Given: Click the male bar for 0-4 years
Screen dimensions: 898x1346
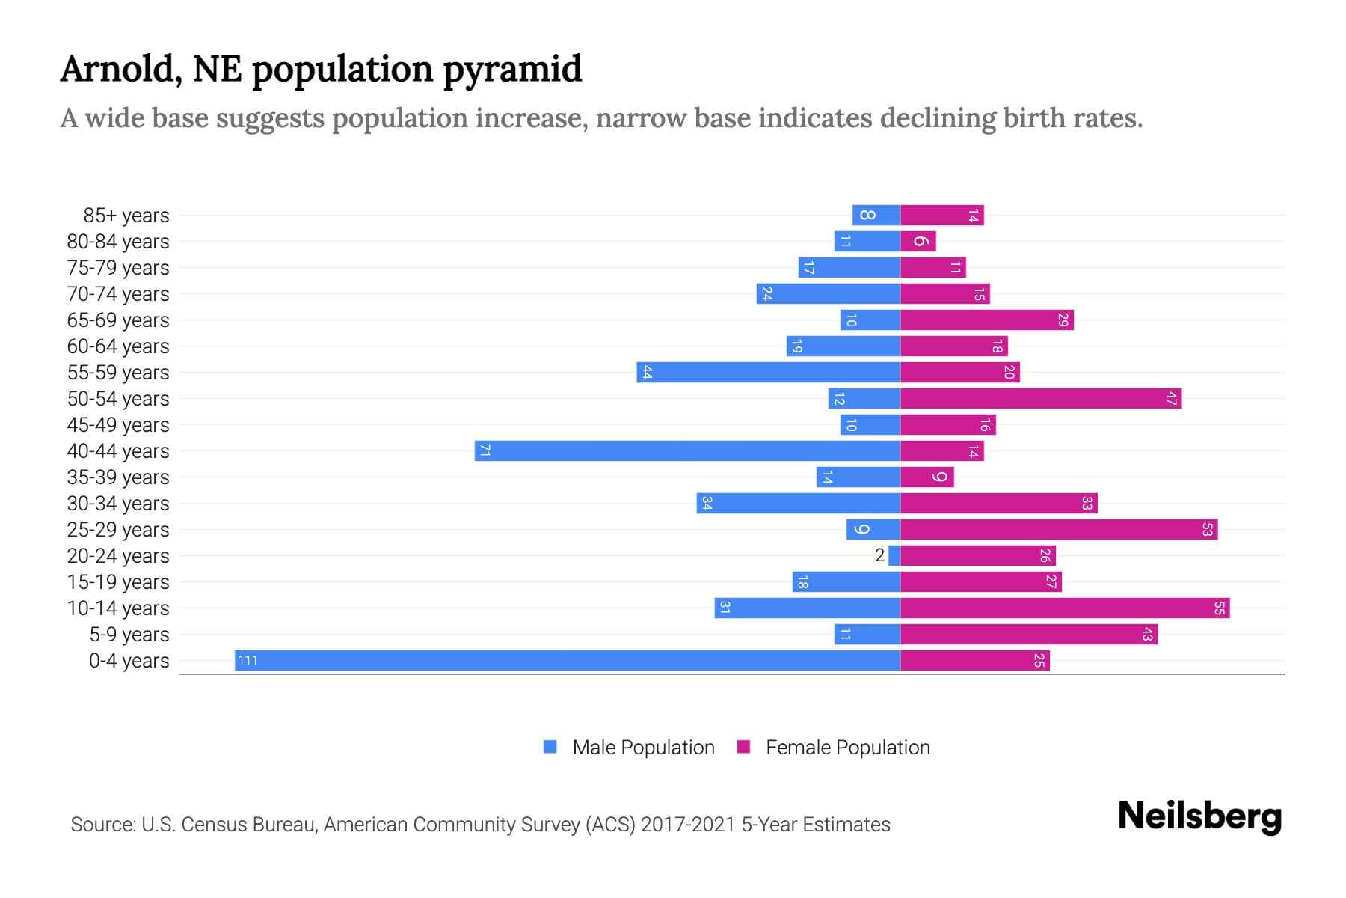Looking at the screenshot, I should click(567, 660).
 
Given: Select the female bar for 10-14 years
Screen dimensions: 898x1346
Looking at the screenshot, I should click(1065, 608).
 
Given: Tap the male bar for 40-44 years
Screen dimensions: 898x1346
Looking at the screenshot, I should click(686, 450).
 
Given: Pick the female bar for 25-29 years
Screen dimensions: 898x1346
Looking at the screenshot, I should click(1059, 529).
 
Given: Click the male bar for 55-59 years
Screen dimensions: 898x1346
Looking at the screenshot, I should click(768, 372).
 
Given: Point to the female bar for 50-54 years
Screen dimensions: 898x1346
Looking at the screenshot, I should click(1041, 398).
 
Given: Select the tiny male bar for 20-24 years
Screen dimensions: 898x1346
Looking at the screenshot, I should click(894, 555).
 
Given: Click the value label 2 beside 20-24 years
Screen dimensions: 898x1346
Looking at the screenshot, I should click(879, 555).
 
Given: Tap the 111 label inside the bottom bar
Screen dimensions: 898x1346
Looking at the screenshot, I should click(248, 660).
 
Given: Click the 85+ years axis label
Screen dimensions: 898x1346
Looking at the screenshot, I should click(126, 216).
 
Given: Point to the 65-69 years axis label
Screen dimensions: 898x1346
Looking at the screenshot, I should click(118, 320).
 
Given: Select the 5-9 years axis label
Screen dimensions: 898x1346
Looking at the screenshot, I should click(129, 635).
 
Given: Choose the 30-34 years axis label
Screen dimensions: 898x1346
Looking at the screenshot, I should click(118, 504).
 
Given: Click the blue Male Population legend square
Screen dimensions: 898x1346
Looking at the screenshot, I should click(550, 747).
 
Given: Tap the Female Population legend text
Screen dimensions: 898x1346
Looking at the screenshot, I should click(847, 748).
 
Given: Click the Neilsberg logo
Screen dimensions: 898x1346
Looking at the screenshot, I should click(1199, 816).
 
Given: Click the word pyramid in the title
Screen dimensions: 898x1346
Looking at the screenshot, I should click(512, 70).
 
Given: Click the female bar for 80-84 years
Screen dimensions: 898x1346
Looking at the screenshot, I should click(918, 241).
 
